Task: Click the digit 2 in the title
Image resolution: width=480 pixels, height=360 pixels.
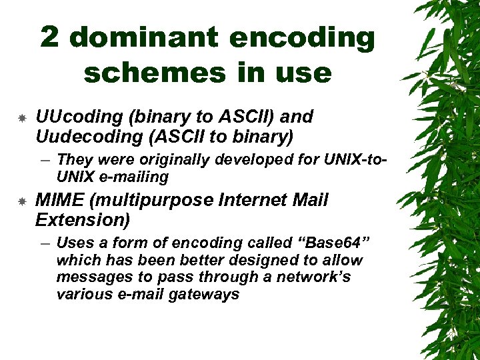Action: click(51, 38)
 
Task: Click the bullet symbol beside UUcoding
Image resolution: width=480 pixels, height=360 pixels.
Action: click(21, 118)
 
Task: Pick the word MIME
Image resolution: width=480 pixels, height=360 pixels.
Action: click(59, 201)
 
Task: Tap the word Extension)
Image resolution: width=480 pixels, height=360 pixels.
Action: click(82, 219)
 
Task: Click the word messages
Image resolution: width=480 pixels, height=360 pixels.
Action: click(90, 277)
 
